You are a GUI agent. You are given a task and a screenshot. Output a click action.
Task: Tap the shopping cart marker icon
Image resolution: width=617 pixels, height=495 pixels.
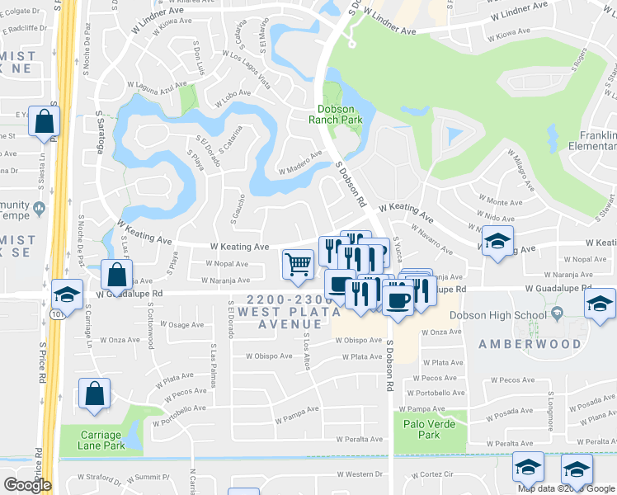pos(298,264)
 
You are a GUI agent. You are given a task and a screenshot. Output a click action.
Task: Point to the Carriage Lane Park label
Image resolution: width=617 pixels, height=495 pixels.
pos(103,440)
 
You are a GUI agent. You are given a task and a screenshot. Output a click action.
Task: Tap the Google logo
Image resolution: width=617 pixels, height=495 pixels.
pos(27,485)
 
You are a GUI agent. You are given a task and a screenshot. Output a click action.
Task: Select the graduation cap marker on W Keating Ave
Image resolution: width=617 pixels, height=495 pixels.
pos(497,241)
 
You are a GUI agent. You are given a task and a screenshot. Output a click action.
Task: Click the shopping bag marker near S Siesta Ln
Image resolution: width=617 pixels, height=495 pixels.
pos(44,121)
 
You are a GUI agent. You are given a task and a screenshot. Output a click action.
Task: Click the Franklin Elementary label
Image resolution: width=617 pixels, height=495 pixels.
pos(592,141)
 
